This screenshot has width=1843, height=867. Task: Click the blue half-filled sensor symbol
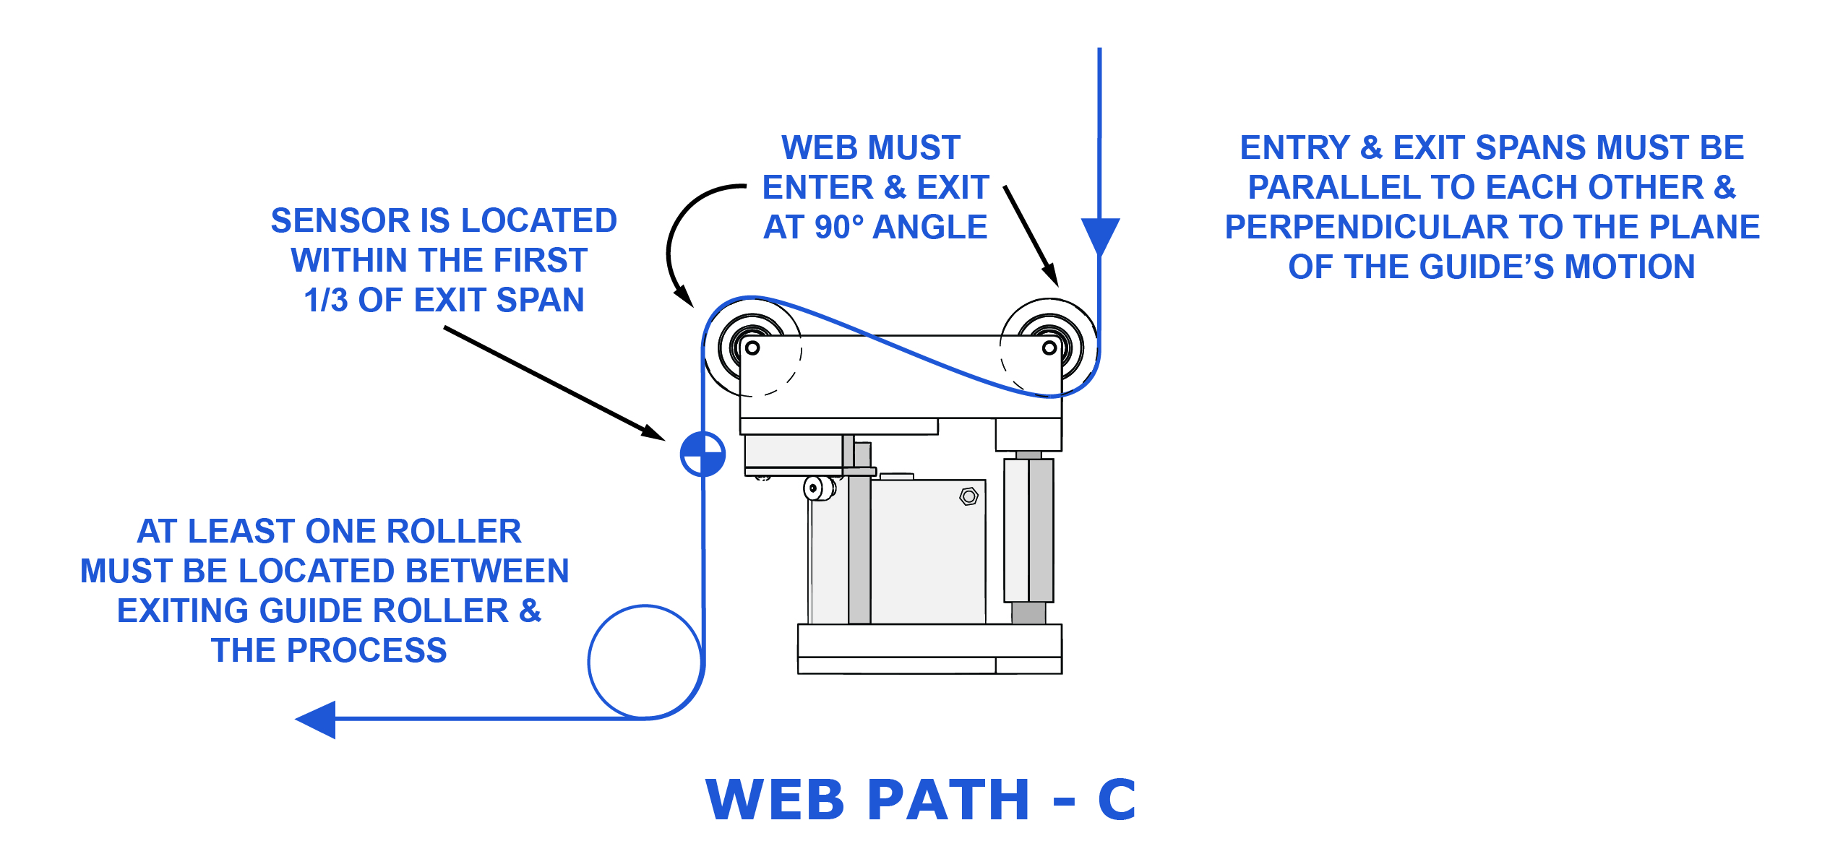[x=703, y=454]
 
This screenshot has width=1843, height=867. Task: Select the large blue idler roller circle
[x=645, y=662]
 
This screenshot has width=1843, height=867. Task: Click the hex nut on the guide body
[x=969, y=496]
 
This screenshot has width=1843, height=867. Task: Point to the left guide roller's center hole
[x=752, y=348]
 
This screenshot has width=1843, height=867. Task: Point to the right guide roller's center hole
[x=1049, y=348]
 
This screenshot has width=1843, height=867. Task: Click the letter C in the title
[x=1117, y=800]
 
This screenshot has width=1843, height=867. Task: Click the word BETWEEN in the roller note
[x=487, y=571]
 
